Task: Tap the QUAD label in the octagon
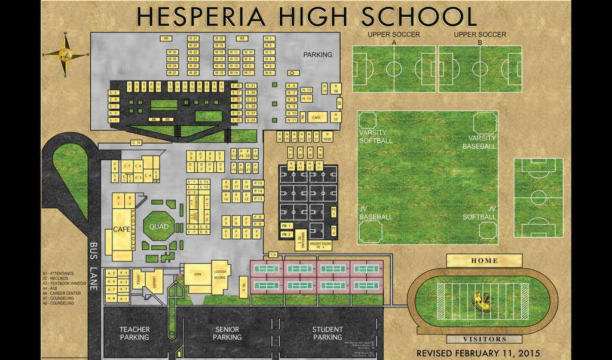(x=159, y=227)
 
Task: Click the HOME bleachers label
(x=484, y=261)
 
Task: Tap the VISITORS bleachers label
(x=484, y=339)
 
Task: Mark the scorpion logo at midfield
(x=482, y=301)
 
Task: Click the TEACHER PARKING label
(x=134, y=333)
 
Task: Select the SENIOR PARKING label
(x=227, y=333)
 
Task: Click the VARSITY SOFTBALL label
(x=376, y=136)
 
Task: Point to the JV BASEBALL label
(x=376, y=213)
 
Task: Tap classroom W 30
(x=172, y=52)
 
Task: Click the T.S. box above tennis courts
(x=274, y=255)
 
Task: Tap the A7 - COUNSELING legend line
(x=58, y=298)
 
